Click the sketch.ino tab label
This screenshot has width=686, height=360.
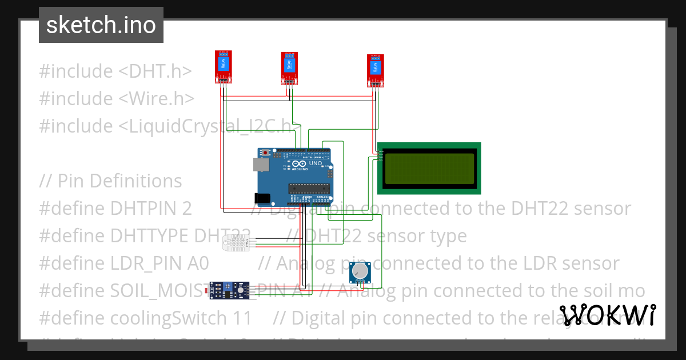[101, 25]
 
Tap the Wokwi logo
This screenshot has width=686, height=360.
[607, 315]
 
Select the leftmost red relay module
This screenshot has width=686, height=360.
[223, 66]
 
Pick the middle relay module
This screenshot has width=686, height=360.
[289, 67]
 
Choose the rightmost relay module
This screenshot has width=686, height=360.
[375, 70]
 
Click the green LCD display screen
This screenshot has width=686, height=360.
[429, 168]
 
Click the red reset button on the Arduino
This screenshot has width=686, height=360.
[266, 153]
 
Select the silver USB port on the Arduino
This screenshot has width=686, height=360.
[261, 165]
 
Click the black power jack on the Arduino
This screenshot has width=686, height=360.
[261, 198]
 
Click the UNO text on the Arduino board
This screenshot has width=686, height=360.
[316, 163]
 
